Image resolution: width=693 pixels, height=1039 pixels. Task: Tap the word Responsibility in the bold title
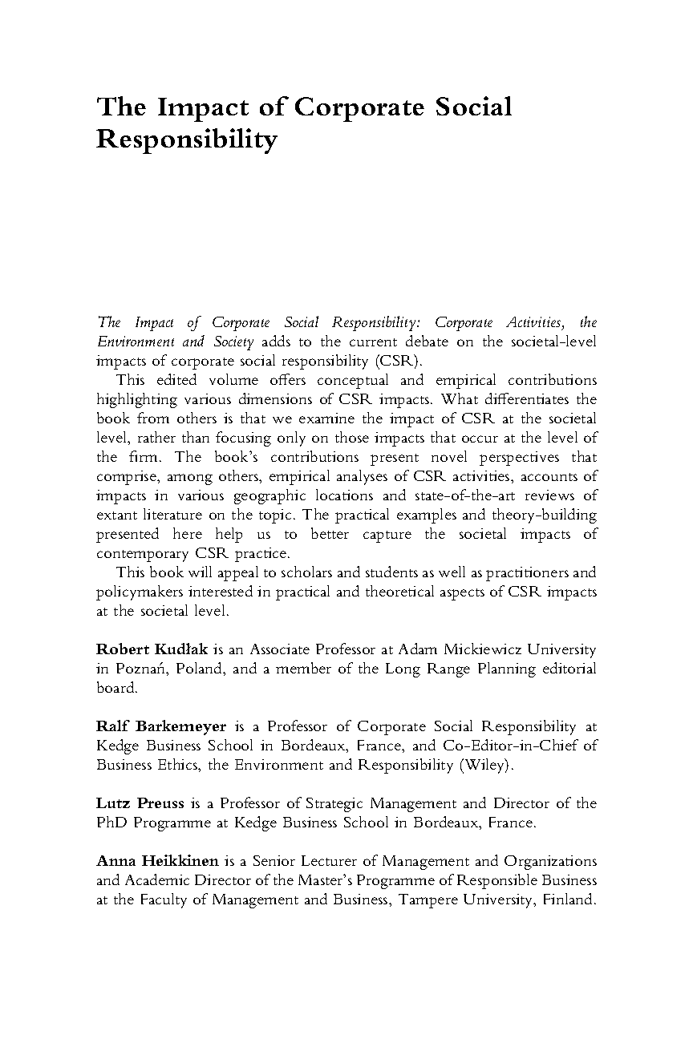[x=186, y=140]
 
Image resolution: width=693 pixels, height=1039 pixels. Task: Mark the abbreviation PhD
[x=110, y=823]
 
